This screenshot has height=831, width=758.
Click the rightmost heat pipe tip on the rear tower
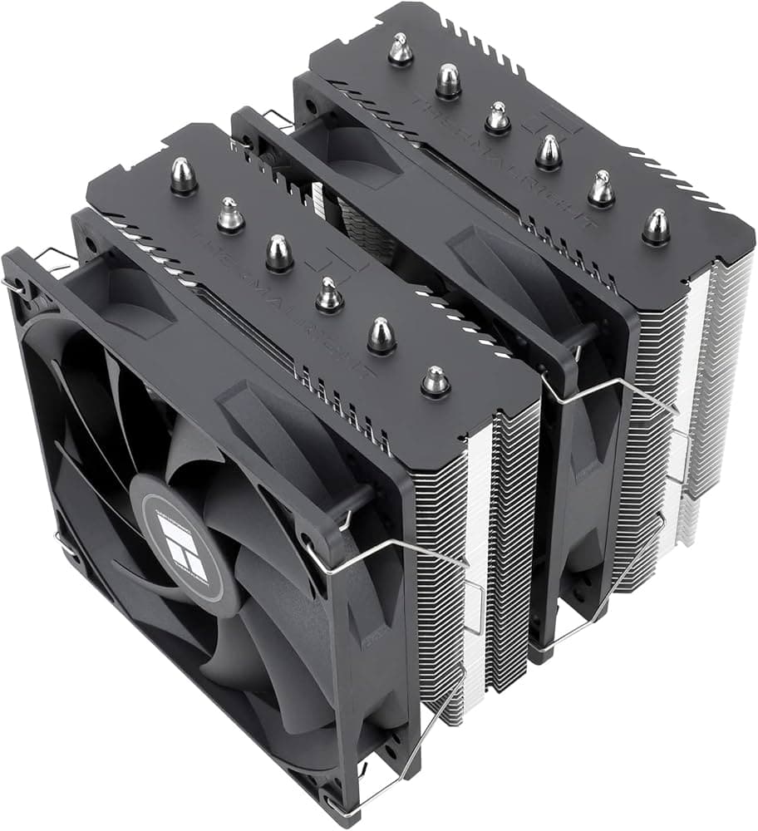(657, 226)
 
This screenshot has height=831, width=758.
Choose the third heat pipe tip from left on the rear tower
(498, 117)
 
